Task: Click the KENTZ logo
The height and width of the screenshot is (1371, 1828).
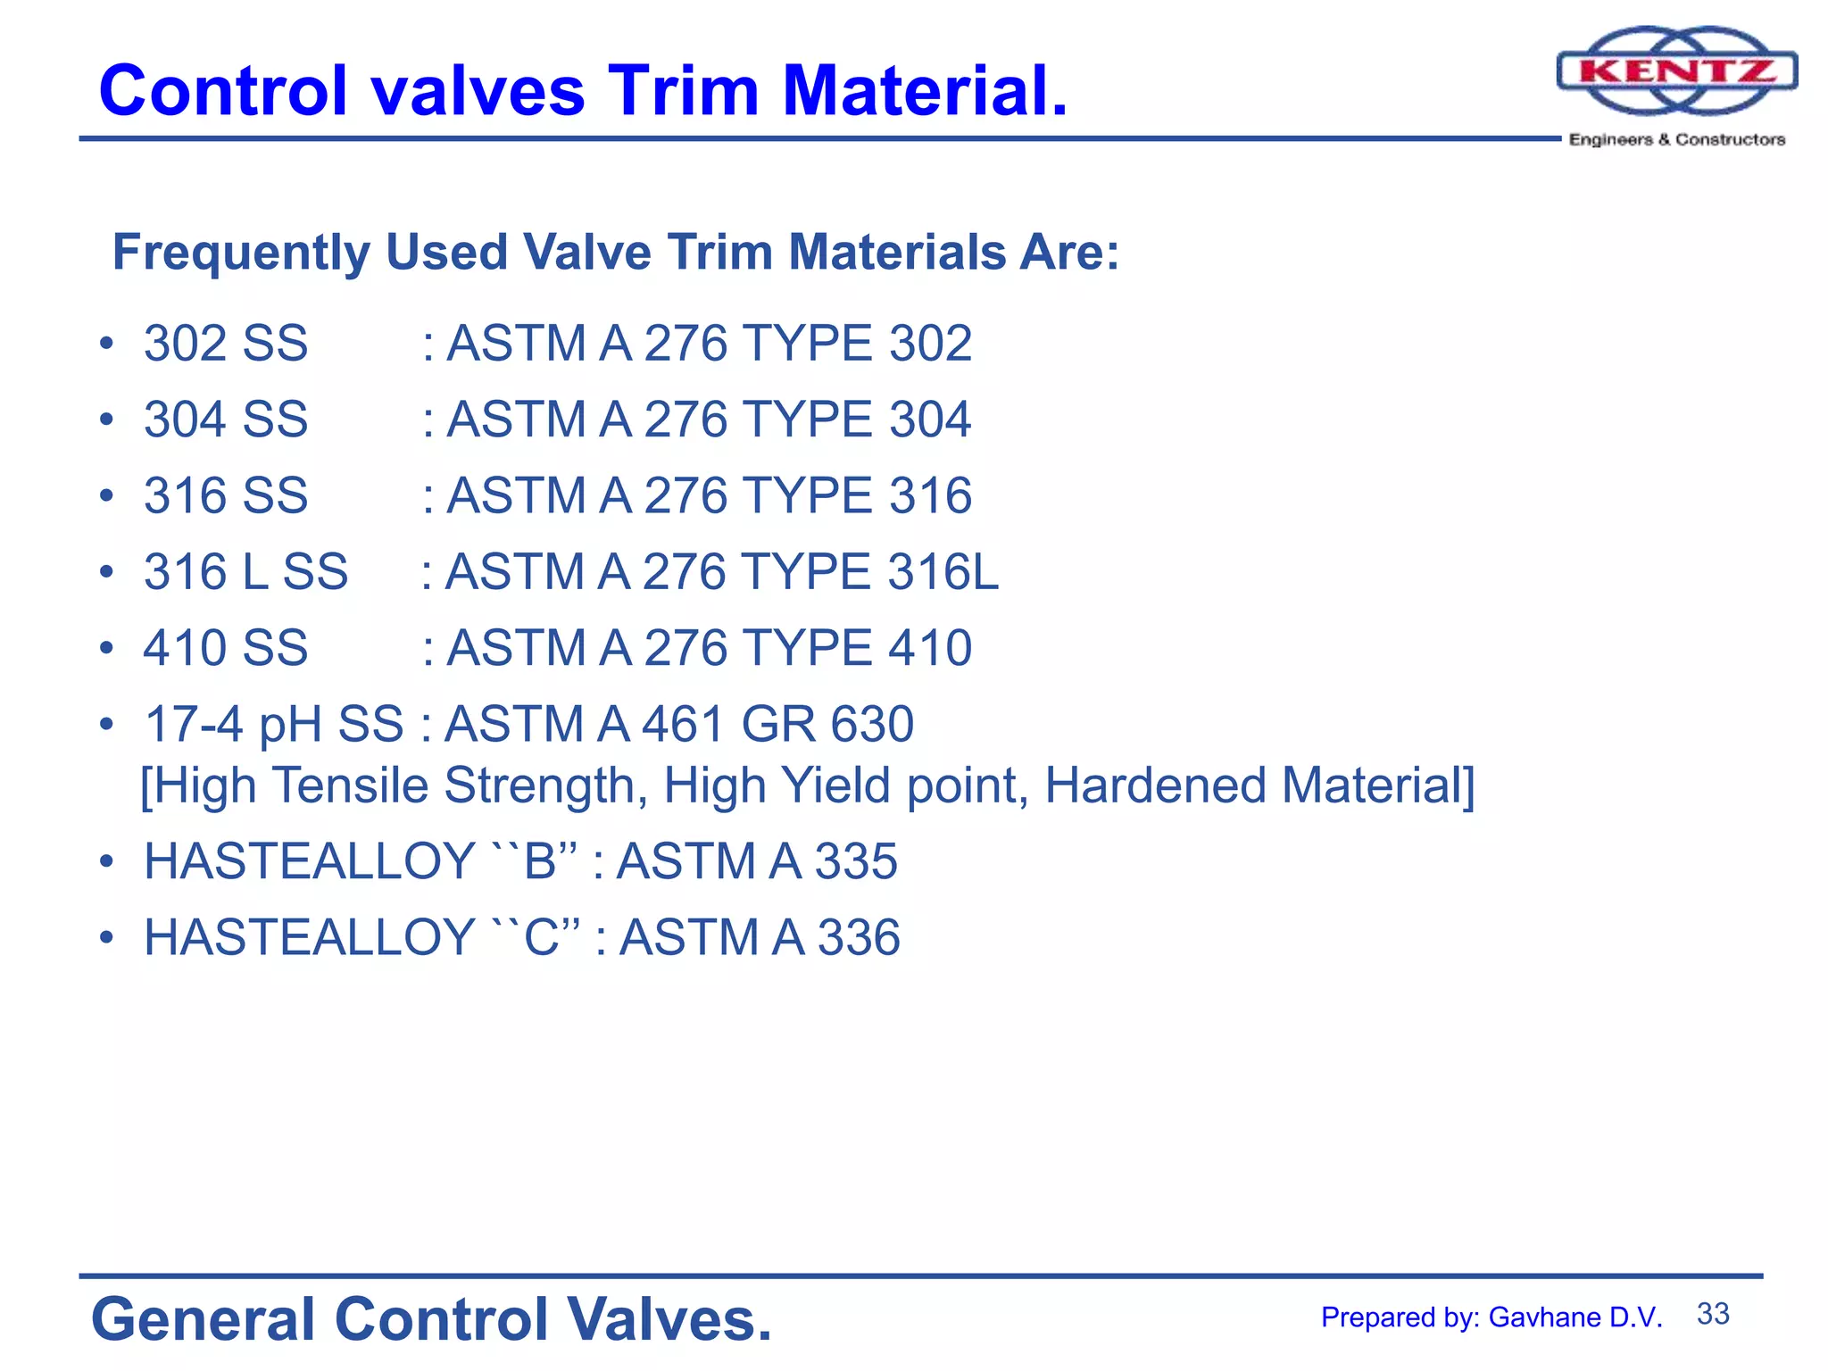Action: (x=1676, y=71)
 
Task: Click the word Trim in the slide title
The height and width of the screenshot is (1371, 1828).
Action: (x=682, y=91)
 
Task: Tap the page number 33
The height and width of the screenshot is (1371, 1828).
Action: (x=1712, y=1314)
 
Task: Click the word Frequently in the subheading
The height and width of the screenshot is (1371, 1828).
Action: (x=241, y=253)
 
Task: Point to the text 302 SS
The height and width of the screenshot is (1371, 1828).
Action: (x=226, y=344)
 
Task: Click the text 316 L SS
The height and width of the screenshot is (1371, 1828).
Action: (x=245, y=571)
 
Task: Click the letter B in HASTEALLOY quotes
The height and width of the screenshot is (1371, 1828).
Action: (x=540, y=862)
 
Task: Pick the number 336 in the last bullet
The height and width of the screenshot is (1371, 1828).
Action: (x=858, y=938)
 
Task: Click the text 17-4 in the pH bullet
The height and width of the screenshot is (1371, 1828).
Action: (x=194, y=724)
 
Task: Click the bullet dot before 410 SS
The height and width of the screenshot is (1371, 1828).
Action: (x=106, y=647)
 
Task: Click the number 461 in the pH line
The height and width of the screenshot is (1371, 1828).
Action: (x=683, y=724)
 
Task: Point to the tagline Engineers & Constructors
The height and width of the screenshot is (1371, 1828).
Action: (x=1676, y=140)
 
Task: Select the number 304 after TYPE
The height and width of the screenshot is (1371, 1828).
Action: (x=929, y=420)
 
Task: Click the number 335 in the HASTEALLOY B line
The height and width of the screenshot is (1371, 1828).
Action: (x=855, y=862)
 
